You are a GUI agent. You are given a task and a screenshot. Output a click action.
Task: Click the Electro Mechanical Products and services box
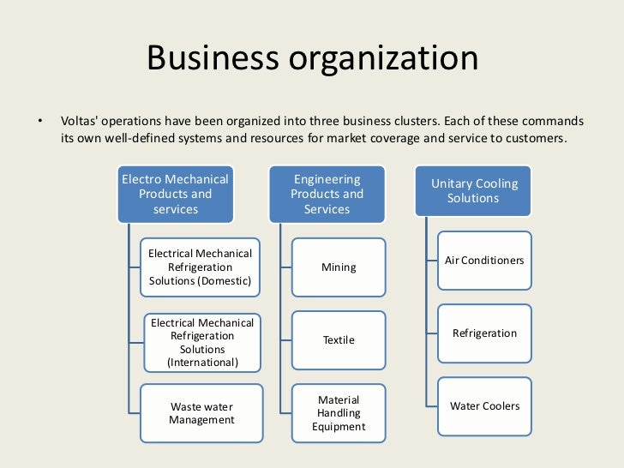click(x=176, y=194)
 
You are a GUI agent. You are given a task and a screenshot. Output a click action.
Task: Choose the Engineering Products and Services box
click(x=327, y=194)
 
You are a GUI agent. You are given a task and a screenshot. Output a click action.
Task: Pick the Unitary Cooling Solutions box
click(x=474, y=190)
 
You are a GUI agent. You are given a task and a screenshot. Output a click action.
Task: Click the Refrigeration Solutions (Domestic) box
click(x=201, y=267)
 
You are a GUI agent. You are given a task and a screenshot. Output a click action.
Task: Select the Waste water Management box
click(x=201, y=413)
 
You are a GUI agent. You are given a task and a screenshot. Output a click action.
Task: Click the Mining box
click(x=339, y=267)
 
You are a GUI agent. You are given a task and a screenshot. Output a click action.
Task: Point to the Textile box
click(x=339, y=340)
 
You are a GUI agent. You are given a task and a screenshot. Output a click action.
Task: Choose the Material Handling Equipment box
click(x=339, y=413)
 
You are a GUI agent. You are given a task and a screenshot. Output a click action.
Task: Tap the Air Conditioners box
click(x=484, y=260)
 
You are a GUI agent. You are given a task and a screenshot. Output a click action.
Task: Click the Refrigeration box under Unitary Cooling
click(x=484, y=333)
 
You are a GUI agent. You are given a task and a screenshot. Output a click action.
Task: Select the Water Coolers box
click(x=484, y=405)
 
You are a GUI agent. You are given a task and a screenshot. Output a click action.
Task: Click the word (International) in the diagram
click(x=202, y=363)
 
